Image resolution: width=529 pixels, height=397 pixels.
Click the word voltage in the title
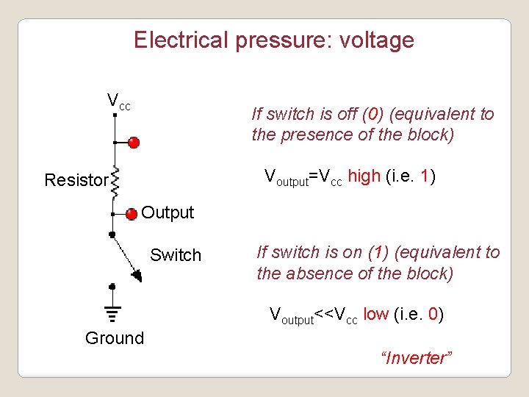[376, 40]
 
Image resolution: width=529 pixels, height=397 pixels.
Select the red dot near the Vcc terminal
[133, 142]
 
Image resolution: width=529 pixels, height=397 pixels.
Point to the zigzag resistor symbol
[115, 179]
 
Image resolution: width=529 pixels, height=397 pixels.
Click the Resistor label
[76, 180]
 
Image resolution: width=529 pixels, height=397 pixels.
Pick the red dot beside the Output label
[131, 214]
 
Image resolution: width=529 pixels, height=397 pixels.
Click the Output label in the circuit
[168, 213]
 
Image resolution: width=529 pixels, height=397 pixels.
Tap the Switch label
[176, 256]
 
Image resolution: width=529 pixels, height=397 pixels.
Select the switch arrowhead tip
[137, 276]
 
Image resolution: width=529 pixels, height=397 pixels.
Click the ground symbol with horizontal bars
[112, 315]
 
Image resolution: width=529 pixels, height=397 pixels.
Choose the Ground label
[115, 338]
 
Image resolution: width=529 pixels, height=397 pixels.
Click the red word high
[364, 176]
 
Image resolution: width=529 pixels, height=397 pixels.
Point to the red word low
[375, 315]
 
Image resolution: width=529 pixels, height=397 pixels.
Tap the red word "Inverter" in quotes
[417, 358]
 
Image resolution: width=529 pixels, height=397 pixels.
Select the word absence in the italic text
[314, 273]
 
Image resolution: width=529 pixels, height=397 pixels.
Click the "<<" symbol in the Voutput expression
[324, 316]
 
